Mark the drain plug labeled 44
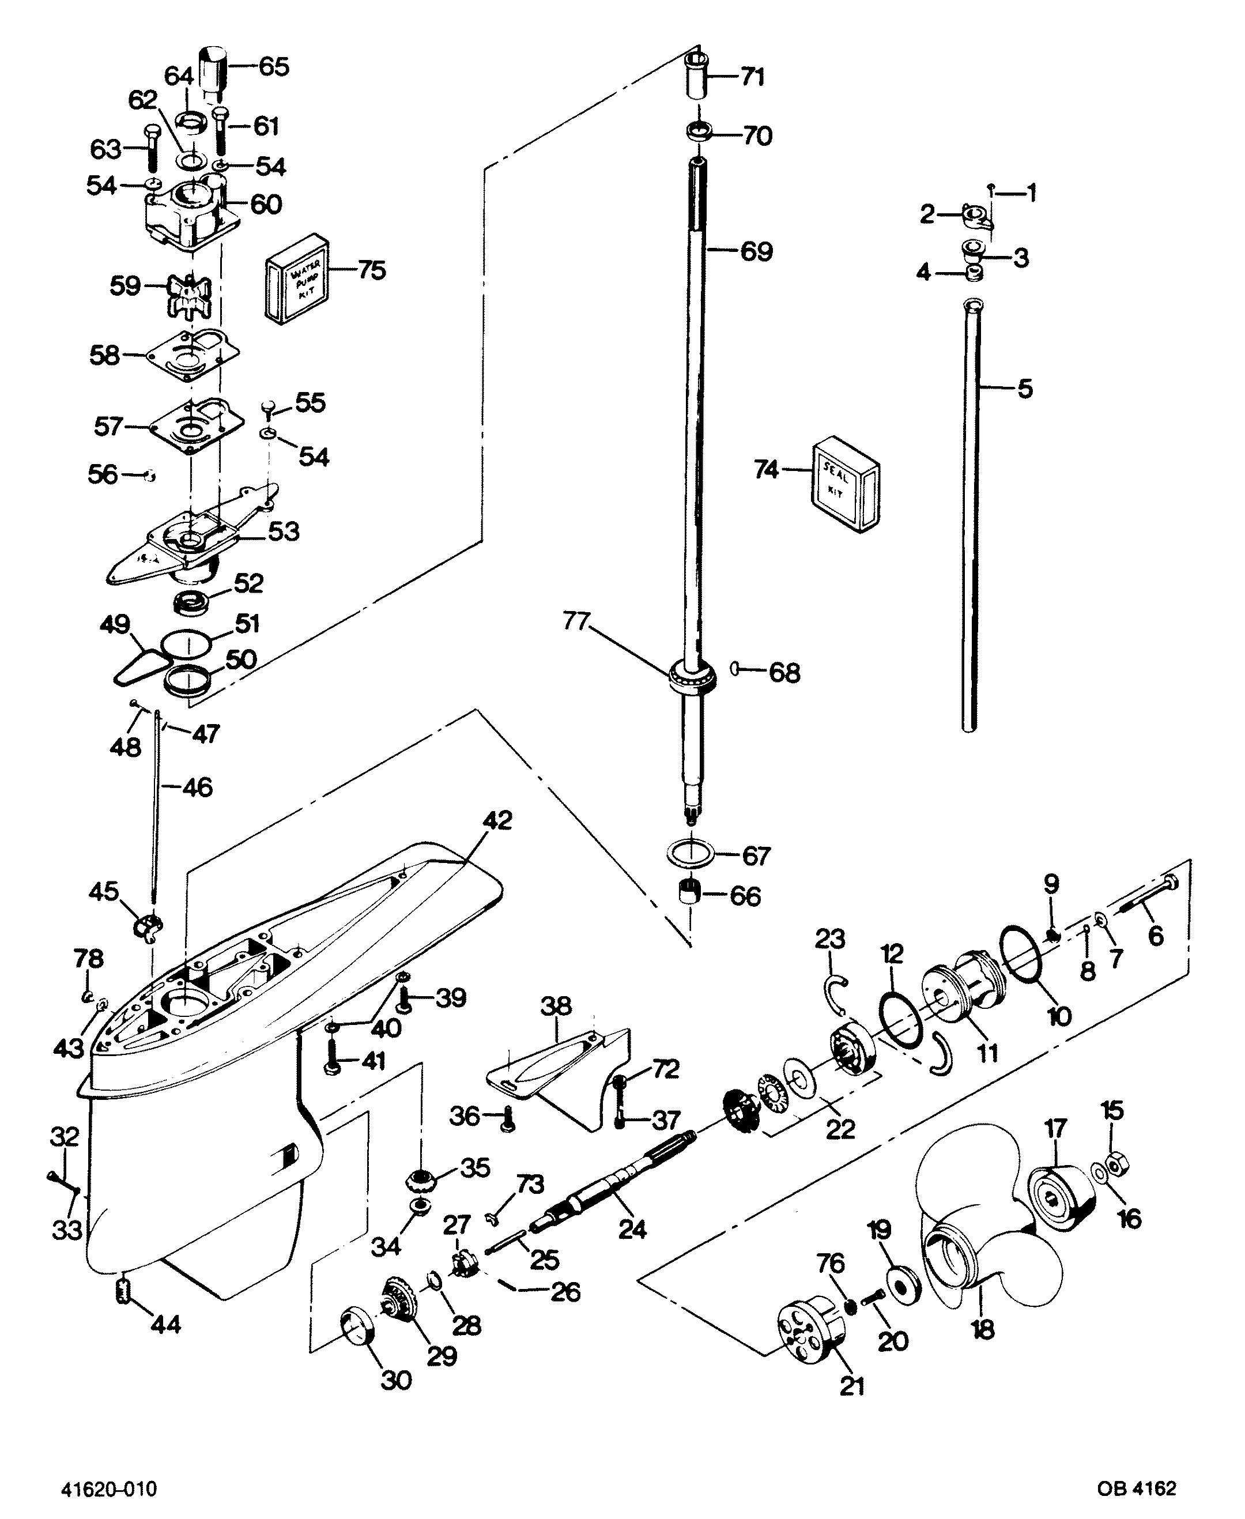click(x=123, y=1292)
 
